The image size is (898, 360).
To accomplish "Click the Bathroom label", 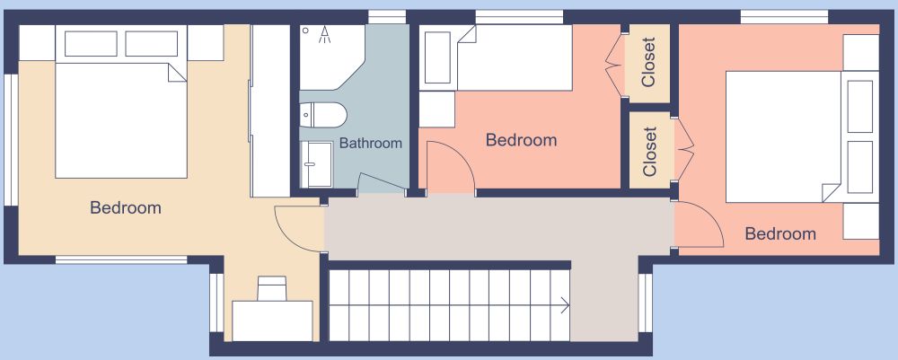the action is click(x=371, y=143).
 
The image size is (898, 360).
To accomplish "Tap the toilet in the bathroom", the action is click(x=323, y=115).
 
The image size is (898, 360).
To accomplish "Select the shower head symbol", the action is click(x=325, y=35).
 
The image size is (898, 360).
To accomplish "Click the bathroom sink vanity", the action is click(x=317, y=164).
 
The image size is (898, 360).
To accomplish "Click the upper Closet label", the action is click(x=648, y=62).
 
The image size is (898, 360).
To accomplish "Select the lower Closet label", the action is click(x=649, y=152).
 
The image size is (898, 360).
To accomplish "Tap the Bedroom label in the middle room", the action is click(x=521, y=140).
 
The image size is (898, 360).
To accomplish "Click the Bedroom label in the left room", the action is click(x=126, y=207).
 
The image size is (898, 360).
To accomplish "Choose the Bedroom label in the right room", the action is click(x=780, y=233).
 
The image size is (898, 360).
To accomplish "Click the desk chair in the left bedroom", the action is click(x=271, y=288).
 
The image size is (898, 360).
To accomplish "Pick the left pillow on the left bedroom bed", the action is click(x=91, y=43).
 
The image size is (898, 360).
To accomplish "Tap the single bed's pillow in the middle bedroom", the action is click(x=437, y=57).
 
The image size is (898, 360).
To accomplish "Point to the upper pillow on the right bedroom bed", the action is click(x=860, y=107).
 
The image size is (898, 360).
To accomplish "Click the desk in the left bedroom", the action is click(x=272, y=320).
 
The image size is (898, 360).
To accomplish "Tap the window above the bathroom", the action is click(x=386, y=17).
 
